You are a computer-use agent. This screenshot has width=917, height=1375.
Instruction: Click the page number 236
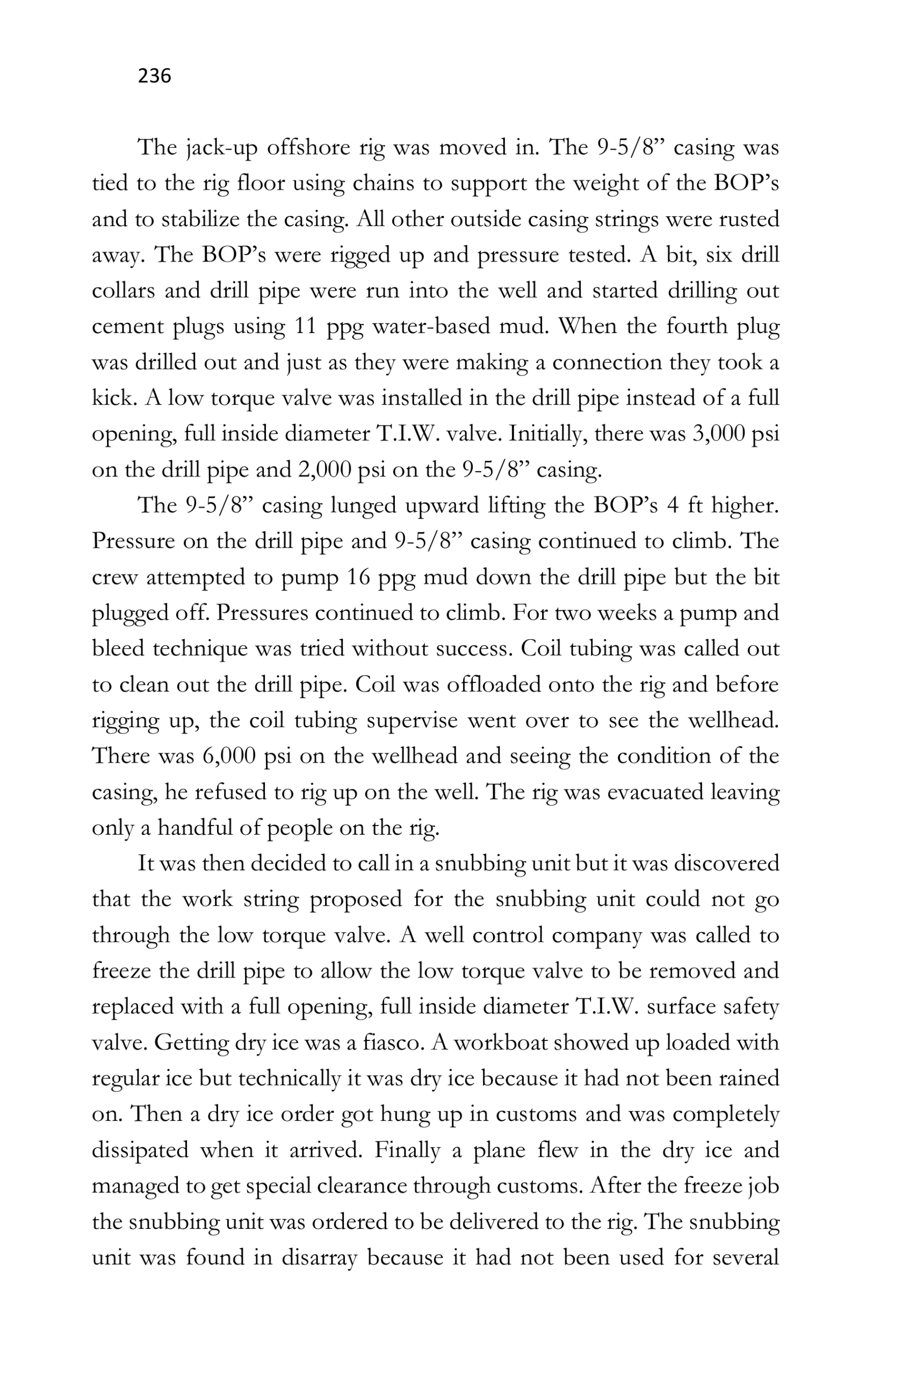(154, 76)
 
